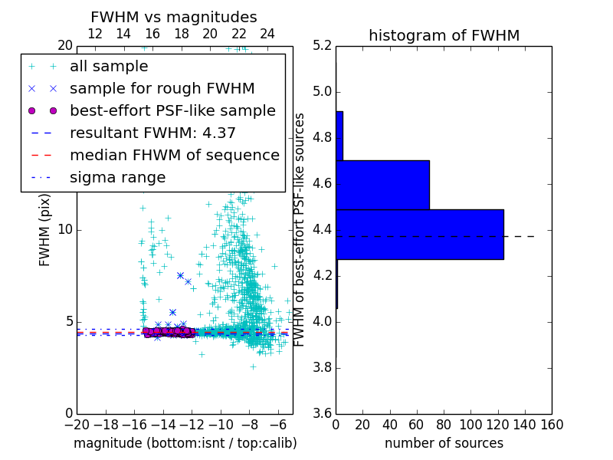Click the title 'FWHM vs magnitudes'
coord(174,17)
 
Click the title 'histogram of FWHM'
coord(444,35)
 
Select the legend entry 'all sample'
coord(109,67)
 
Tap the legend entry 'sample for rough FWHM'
coord(162,89)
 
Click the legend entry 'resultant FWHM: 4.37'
coord(152,133)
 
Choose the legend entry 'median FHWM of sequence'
coord(174,156)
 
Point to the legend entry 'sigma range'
coord(117,178)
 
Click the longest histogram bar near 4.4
coord(419,234)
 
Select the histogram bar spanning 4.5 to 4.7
coord(382,185)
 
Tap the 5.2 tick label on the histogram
coord(322,46)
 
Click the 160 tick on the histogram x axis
coord(552,425)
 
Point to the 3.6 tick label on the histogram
coord(322,413)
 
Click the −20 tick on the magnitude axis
coord(76,425)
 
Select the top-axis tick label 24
coord(267,34)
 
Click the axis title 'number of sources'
coord(444,443)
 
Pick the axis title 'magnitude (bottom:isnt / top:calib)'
coord(185,443)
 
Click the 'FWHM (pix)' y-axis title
coord(45,229)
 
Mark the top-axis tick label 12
coord(95,34)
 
